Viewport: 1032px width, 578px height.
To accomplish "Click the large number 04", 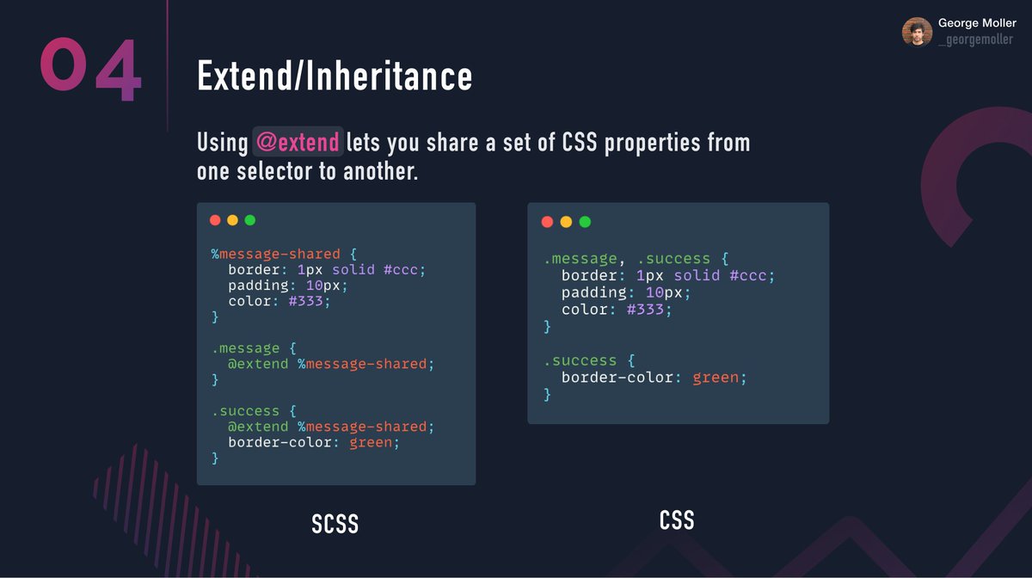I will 90,69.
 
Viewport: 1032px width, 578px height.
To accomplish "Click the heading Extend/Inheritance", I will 335,76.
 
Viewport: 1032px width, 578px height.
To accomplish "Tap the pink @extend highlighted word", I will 298,141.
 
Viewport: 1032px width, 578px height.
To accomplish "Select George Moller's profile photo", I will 917,32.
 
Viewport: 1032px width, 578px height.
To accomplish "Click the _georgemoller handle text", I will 975,40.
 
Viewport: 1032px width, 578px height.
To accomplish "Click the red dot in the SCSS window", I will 215,220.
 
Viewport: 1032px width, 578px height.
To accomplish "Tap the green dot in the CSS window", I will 585,222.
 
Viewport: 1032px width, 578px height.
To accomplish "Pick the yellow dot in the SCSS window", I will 232,220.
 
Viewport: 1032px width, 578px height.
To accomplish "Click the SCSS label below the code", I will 335,524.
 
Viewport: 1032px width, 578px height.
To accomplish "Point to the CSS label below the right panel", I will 677,520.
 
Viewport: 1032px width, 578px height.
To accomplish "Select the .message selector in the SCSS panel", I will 245,348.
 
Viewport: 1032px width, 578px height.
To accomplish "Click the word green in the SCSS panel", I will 371,443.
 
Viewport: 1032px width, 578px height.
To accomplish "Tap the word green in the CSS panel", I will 716,378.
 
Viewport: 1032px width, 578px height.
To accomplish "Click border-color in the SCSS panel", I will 275,443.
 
